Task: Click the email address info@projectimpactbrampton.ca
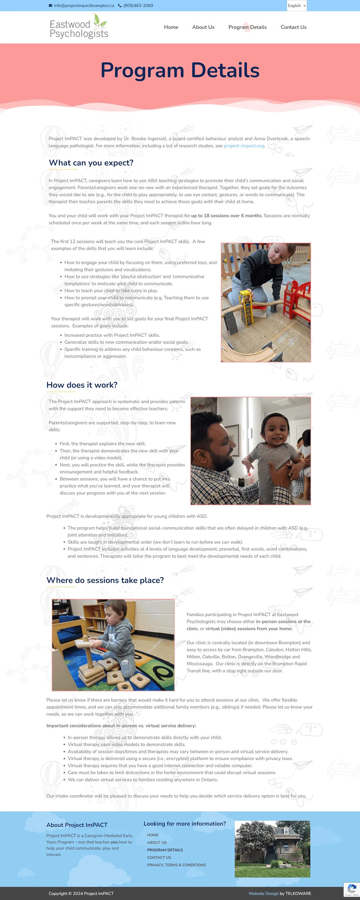click(x=84, y=6)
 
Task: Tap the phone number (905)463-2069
click(x=138, y=6)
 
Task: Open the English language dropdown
click(x=297, y=6)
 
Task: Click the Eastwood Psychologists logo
click(x=79, y=26)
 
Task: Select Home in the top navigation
click(x=171, y=27)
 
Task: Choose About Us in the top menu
click(x=203, y=27)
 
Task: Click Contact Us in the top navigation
click(x=294, y=27)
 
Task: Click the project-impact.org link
click(x=244, y=146)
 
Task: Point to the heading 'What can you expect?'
click(x=91, y=163)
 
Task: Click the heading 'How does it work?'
click(x=82, y=385)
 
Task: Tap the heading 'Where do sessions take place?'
click(x=105, y=580)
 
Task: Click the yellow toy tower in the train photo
click(x=246, y=307)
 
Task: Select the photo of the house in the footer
click(x=273, y=849)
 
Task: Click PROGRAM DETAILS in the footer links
click(x=165, y=850)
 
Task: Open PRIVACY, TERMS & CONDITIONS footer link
click(x=176, y=865)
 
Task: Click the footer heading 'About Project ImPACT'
click(x=77, y=825)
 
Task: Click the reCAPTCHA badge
click(x=352, y=890)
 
